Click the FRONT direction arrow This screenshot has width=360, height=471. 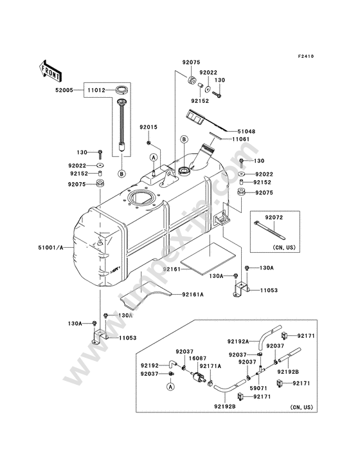(50, 71)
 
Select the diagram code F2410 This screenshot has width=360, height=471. (306, 56)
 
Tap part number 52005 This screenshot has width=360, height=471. (64, 90)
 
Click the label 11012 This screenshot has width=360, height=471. (96, 90)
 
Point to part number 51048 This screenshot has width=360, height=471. (246, 131)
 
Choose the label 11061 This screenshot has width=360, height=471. (240, 139)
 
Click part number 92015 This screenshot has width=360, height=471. (148, 127)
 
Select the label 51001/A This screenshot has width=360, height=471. (51, 248)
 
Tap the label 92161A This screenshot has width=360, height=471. (193, 295)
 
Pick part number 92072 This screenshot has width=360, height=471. (274, 217)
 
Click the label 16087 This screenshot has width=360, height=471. (197, 358)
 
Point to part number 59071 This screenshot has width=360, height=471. (258, 389)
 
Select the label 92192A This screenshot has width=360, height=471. (238, 341)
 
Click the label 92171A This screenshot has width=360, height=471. (210, 366)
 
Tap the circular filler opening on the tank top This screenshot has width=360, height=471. (141, 198)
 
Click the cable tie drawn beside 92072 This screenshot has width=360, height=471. (269, 230)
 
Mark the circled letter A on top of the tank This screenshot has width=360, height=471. (154, 158)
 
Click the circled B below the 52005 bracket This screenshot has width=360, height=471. (122, 174)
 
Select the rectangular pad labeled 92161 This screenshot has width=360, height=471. (208, 259)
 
